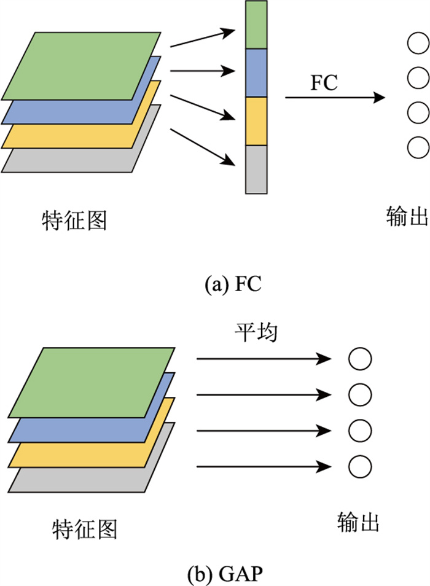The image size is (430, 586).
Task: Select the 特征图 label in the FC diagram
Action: (x=74, y=219)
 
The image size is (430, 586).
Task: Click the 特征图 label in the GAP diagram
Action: (x=84, y=528)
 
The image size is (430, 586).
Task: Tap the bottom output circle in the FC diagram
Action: (x=418, y=147)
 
